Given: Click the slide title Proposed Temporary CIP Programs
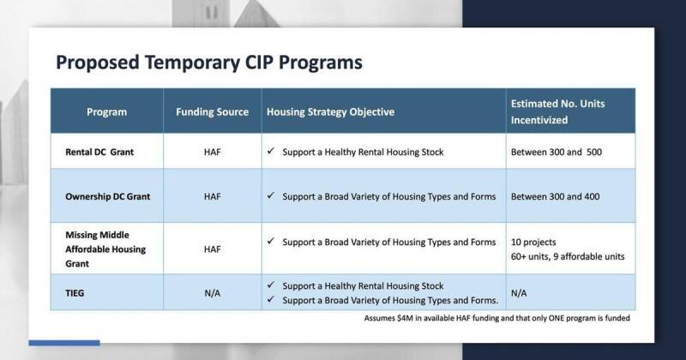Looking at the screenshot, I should coord(208,63).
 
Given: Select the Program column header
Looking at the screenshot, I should coord(106,111).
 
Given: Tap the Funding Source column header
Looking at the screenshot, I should coord(212,111).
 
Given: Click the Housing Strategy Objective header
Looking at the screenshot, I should coord(330,111).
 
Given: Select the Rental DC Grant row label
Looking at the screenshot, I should coord(101,151).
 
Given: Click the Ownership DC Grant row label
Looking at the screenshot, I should coord(108,196).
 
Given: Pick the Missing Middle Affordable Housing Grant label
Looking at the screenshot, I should coord(106,249).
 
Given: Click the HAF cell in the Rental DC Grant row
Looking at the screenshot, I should coord(212,151).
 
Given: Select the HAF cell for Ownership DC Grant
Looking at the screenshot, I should coord(212,196).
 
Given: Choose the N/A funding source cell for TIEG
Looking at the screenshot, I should coord(212,292).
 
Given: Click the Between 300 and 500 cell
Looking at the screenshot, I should coord(556,151).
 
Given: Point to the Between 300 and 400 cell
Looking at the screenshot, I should coord(556,196).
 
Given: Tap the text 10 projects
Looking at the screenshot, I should coord(537,243).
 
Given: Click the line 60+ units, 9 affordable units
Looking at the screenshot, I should coord(567,256).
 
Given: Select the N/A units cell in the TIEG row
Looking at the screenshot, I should coord(520,292).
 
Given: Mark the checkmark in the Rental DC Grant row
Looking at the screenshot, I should coord(270,151).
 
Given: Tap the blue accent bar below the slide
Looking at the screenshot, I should coord(63,343).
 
